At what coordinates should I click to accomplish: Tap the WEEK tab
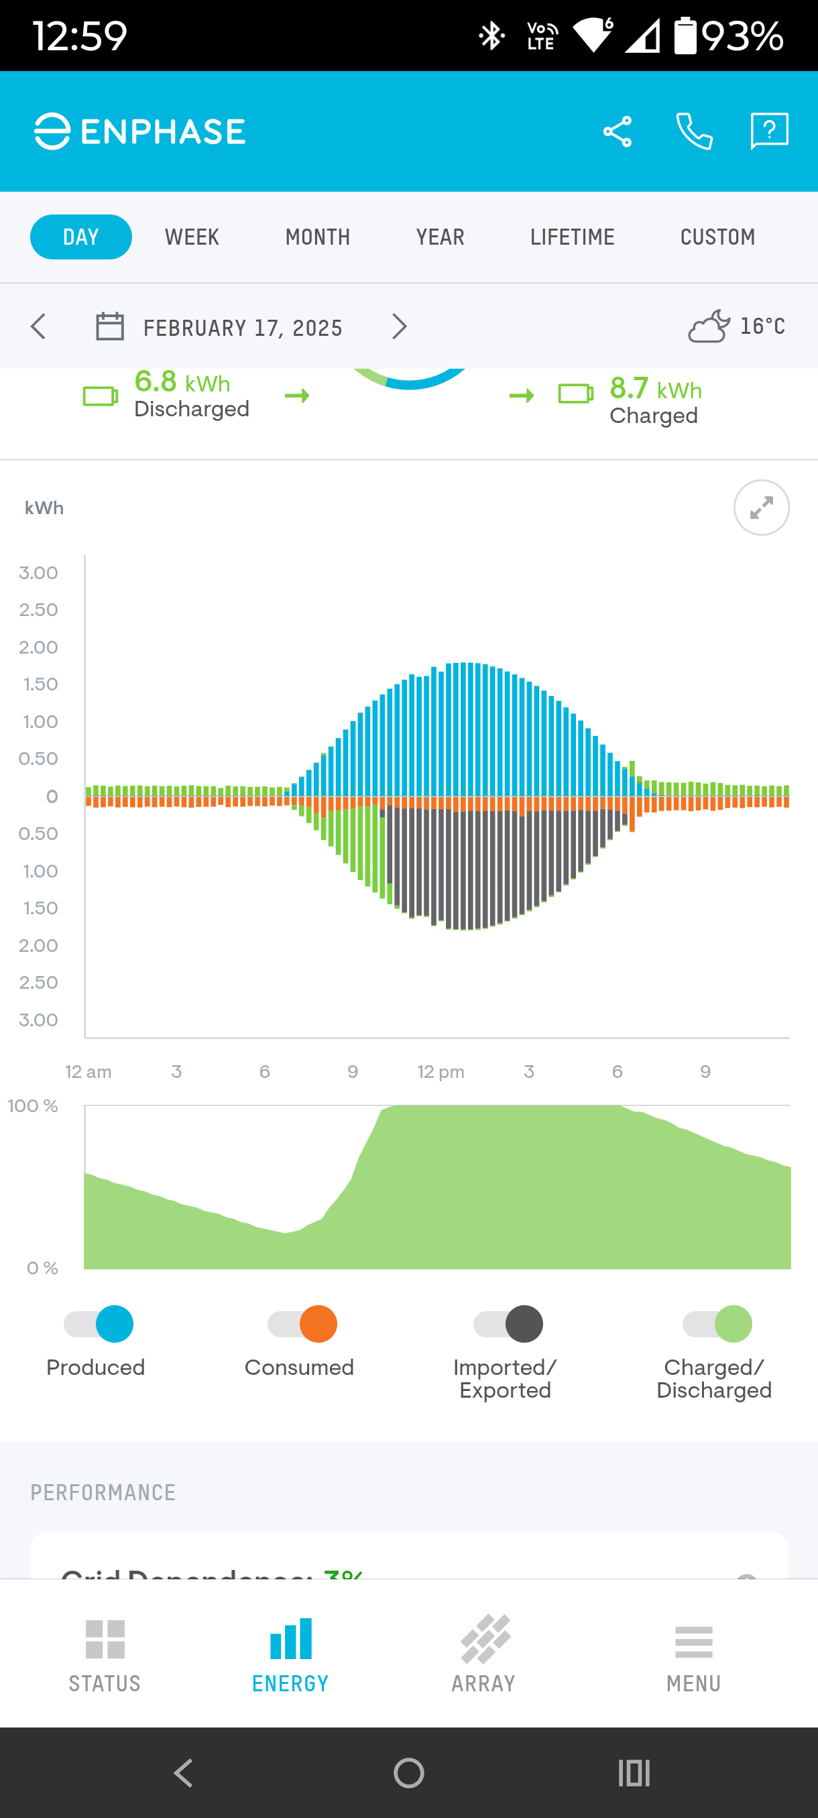point(192,237)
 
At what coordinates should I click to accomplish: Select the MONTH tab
point(318,237)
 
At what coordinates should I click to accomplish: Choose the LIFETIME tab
point(573,237)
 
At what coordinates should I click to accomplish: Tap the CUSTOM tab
point(717,237)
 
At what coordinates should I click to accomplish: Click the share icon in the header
point(618,132)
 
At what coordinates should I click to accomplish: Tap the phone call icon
point(695,132)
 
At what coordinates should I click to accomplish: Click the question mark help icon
point(768,131)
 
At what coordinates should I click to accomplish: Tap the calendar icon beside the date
point(110,326)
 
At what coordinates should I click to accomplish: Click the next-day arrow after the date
point(400,326)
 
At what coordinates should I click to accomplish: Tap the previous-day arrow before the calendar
point(39,326)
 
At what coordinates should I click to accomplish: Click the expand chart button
point(762,508)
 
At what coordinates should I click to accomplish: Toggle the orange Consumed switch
point(303,1324)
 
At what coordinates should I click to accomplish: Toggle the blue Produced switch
point(99,1324)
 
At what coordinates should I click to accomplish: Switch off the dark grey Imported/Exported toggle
point(508,1324)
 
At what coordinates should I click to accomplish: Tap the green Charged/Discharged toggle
point(717,1324)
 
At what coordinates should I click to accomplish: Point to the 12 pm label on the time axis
point(441,1072)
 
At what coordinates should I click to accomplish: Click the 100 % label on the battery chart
point(32,1106)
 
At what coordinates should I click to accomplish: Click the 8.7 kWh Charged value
point(656,389)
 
